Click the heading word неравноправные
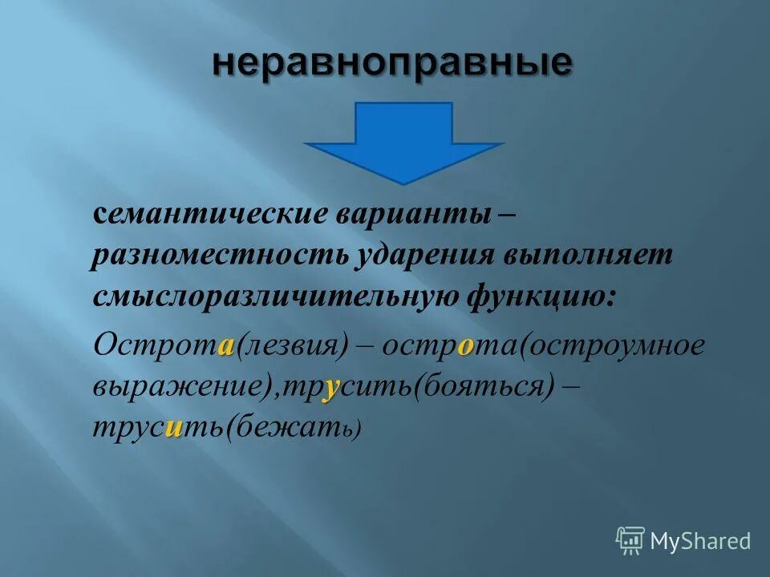coord(392,63)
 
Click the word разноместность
coord(217,256)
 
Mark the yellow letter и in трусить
coord(172,429)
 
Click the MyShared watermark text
coord(700,542)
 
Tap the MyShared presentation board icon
coord(630,541)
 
